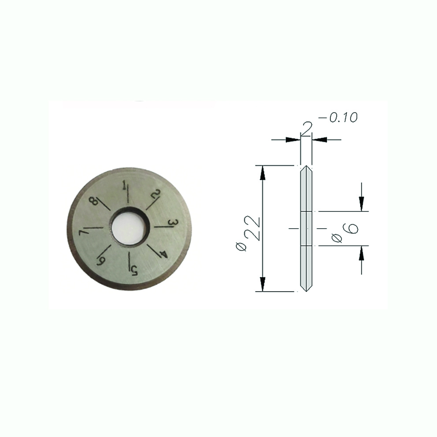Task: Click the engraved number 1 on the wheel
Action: click(124, 185)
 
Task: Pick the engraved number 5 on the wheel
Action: click(135, 270)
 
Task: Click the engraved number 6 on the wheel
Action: click(100, 261)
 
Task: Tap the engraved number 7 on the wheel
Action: click(83, 233)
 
